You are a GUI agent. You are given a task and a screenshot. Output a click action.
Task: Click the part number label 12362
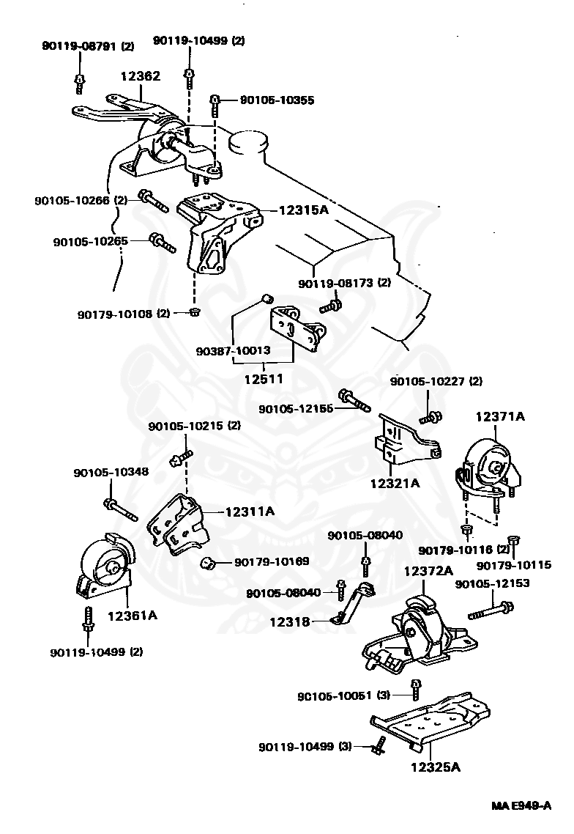click(141, 76)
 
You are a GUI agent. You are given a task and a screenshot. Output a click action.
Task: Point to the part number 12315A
click(304, 210)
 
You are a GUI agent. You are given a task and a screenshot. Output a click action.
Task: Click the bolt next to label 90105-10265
click(162, 242)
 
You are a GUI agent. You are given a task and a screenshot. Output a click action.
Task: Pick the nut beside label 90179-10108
click(195, 313)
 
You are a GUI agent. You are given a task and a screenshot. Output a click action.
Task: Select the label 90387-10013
click(233, 350)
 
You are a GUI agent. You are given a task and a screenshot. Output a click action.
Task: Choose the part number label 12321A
click(395, 483)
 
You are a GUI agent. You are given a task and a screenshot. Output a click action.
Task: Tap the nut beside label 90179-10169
click(208, 563)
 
